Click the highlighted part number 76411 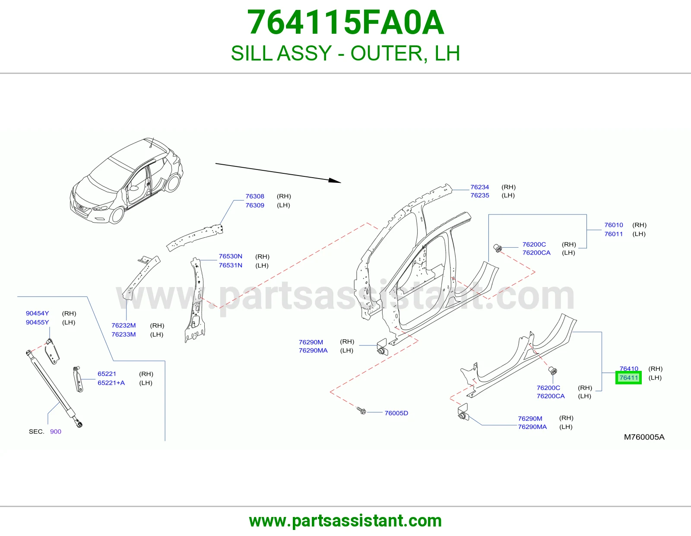coord(629,378)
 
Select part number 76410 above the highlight coord(629,369)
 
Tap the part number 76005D coord(396,413)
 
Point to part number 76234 coord(479,187)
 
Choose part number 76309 coord(255,205)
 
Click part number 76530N coord(230,256)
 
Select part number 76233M coord(124,335)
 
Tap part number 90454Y coord(37,313)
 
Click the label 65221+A coord(111,383)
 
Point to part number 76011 coord(613,234)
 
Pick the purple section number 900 coord(56,431)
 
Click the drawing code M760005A coord(644,437)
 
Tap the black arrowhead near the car coord(335,181)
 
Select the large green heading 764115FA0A coord(345,22)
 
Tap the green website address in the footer coord(345,521)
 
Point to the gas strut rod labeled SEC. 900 coord(54,388)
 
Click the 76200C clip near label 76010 coord(498,248)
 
